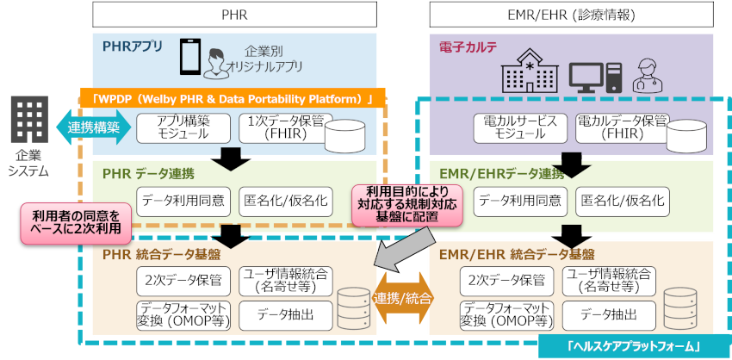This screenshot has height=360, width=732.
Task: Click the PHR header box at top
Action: tap(234, 14)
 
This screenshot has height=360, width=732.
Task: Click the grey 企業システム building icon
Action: tap(31, 121)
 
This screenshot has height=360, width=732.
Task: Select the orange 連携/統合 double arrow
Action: tap(403, 297)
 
